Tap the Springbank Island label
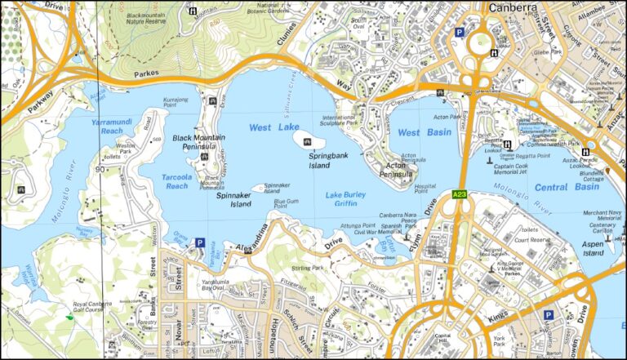pyautogui.click(x=308, y=159)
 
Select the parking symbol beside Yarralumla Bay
pyautogui.click(x=199, y=242)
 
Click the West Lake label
pyautogui.click(x=272, y=128)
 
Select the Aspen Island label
pyautogui.click(x=594, y=249)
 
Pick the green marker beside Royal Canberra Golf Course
pyautogui.click(x=70, y=316)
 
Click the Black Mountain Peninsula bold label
pyautogui.click(x=194, y=143)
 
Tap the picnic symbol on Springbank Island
pyautogui.click(x=308, y=143)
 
